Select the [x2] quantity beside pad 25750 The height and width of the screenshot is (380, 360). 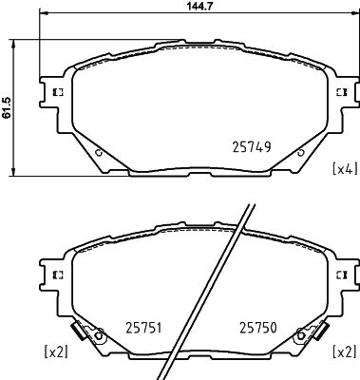pyautogui.click(x=343, y=352)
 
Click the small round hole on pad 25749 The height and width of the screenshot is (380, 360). pyautogui.click(x=100, y=152)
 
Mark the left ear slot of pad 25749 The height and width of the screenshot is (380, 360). pyautogui.click(x=55, y=92)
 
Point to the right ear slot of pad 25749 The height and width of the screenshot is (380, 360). pyautogui.click(x=342, y=92)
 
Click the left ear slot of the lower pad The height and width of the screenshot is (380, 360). pyautogui.click(x=55, y=274)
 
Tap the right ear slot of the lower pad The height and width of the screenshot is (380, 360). pyautogui.click(x=342, y=274)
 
